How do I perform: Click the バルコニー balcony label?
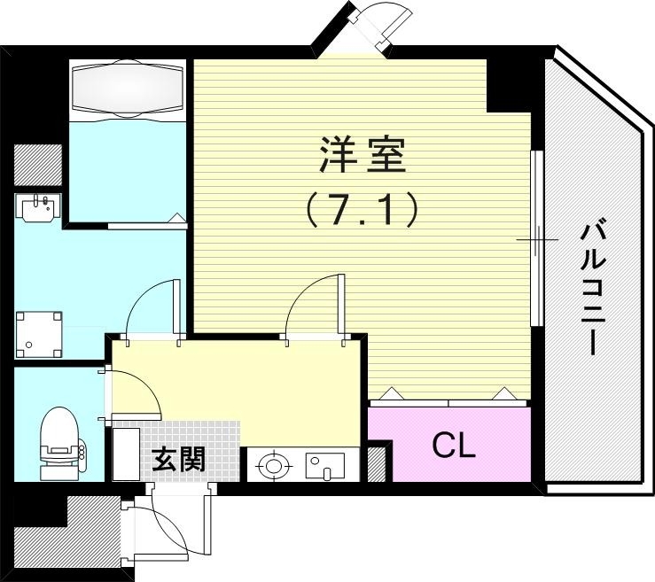[x=593, y=288]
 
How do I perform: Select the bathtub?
[x=128, y=89]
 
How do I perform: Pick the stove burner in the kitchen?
[x=274, y=463]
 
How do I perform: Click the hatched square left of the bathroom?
[x=38, y=164]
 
